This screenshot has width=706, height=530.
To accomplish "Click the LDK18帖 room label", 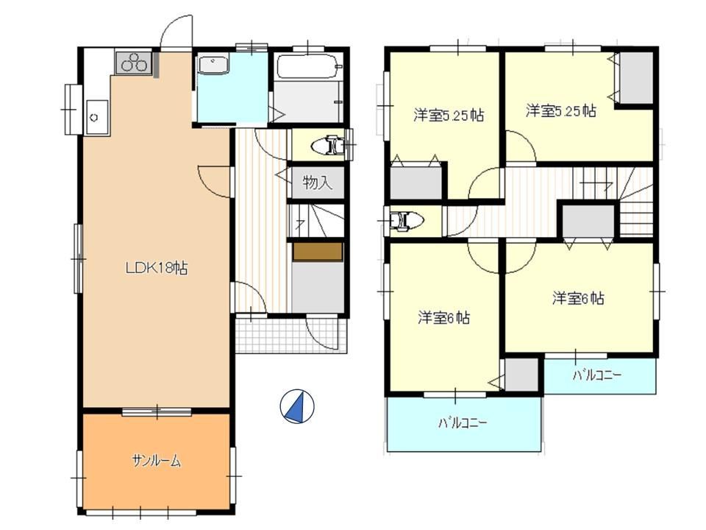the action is [x=156, y=268].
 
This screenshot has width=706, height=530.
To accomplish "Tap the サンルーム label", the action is [x=156, y=461].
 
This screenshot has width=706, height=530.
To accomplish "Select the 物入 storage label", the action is [x=318, y=183].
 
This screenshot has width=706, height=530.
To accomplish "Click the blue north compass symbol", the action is [x=297, y=406].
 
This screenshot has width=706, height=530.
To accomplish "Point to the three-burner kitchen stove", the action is [x=134, y=63].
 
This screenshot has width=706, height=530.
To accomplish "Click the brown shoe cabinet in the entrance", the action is [x=318, y=252].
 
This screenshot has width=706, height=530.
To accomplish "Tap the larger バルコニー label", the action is [x=463, y=423].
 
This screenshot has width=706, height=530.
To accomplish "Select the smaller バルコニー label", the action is [x=597, y=375].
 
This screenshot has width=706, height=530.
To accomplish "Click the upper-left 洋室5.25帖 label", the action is [x=449, y=116].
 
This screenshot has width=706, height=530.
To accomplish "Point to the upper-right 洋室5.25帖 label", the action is [x=560, y=110].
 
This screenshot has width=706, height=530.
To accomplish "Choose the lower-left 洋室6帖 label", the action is [x=444, y=318].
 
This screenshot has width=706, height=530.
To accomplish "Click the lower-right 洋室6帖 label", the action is [x=578, y=298].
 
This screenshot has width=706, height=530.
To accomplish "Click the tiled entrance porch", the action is [x=291, y=336].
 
